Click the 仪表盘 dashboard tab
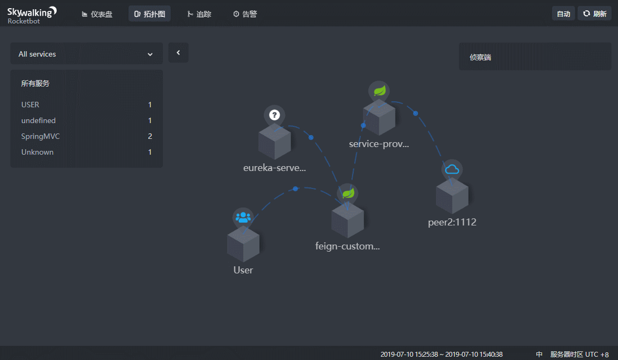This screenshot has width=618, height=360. [x=97, y=14]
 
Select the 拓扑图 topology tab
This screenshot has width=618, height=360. [x=149, y=14]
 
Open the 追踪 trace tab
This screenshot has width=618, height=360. [x=199, y=14]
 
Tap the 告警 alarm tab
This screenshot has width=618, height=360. [x=245, y=14]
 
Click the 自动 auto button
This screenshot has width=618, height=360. [x=563, y=14]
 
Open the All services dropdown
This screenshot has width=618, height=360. [x=86, y=53]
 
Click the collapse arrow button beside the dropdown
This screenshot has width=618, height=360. [x=178, y=52]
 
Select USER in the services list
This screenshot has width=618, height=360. [x=31, y=105]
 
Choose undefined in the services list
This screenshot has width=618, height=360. [x=38, y=120]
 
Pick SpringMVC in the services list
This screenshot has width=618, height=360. [x=40, y=136]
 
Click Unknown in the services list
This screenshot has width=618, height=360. [x=37, y=152]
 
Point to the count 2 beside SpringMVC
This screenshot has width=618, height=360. [x=150, y=136]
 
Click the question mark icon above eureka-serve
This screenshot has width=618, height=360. [x=274, y=115]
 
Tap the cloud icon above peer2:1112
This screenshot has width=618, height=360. [x=452, y=169]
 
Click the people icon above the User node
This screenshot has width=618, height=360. [x=243, y=217]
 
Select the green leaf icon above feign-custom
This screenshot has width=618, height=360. [x=348, y=193]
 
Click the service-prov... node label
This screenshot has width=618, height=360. [x=379, y=144]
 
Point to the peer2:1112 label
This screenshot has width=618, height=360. [x=452, y=222]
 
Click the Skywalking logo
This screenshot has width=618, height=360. [x=32, y=15]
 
